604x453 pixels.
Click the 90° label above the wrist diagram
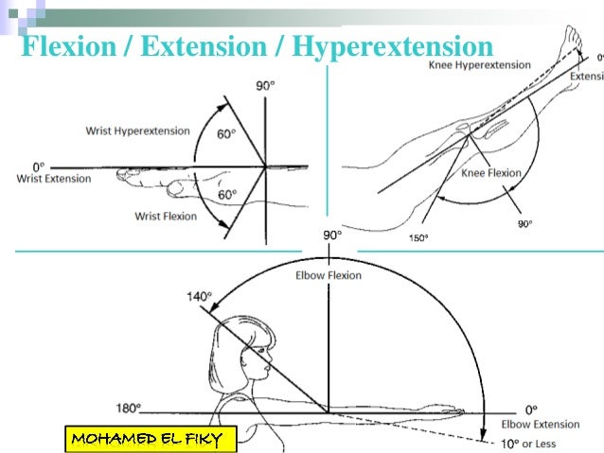coord(266,87)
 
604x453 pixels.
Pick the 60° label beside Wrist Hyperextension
coord(226,134)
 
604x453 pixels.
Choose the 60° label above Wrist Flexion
coord(226,195)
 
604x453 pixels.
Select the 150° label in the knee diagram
coord(417,238)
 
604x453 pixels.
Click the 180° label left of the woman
coord(127,408)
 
